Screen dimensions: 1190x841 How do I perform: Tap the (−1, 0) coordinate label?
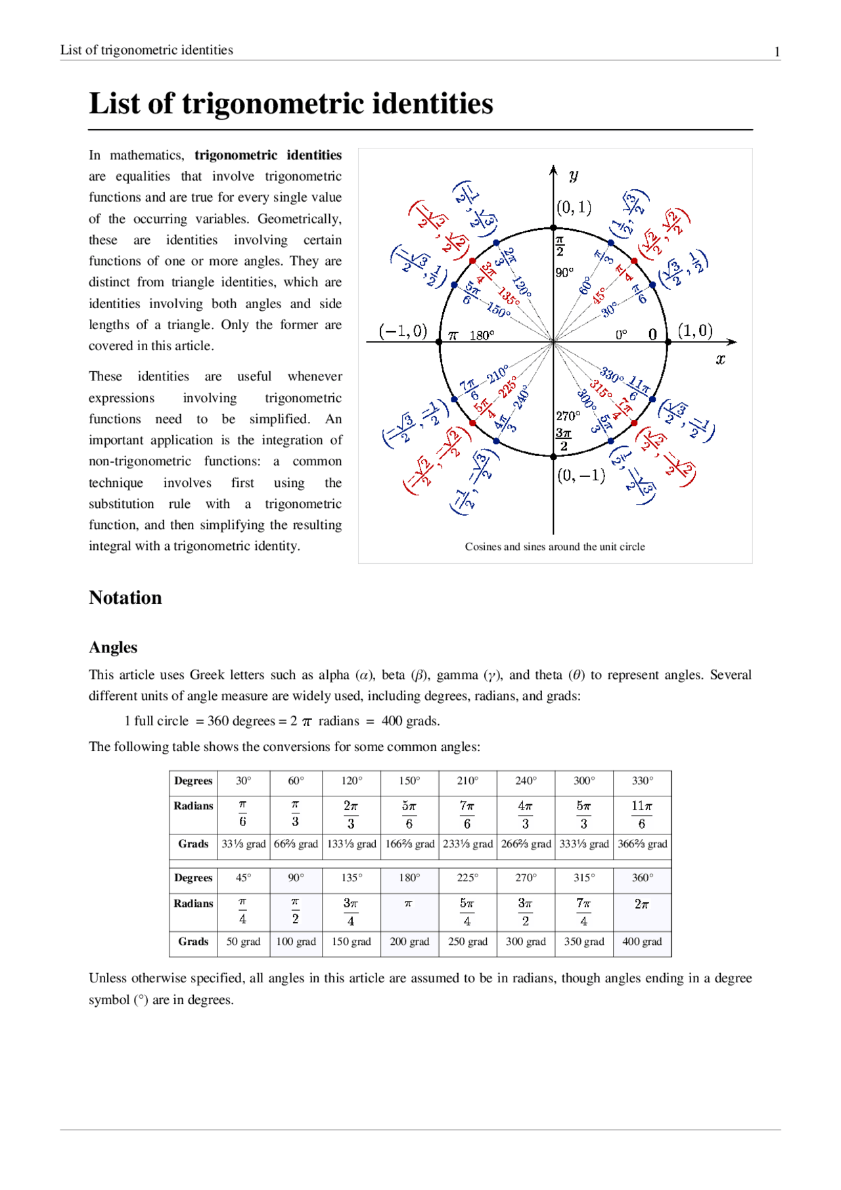click(403, 331)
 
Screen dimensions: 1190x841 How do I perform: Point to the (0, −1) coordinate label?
click(581, 475)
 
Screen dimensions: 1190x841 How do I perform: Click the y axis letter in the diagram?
click(574, 175)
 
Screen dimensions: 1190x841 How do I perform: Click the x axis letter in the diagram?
click(720, 359)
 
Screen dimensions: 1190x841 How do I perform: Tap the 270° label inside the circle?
click(568, 416)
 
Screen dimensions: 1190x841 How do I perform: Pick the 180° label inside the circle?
click(482, 336)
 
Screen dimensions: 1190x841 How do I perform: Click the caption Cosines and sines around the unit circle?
click(555, 547)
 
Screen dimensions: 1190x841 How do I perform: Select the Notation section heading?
click(125, 598)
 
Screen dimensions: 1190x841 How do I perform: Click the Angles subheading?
click(113, 648)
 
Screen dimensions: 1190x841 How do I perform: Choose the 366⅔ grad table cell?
click(642, 844)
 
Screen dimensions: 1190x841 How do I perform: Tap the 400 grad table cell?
click(642, 942)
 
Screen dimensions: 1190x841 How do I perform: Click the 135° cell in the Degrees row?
click(351, 878)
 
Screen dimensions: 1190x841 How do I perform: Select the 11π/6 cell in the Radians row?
click(642, 815)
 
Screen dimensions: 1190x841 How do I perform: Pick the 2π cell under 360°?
click(642, 905)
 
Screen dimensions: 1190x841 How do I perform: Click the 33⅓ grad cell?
click(243, 844)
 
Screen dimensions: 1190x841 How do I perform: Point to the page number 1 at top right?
click(777, 52)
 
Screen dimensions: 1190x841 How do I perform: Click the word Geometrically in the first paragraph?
click(299, 219)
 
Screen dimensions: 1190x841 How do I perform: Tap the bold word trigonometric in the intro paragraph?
click(236, 155)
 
